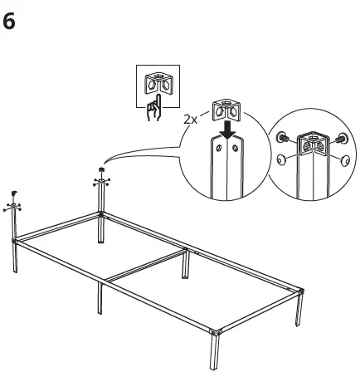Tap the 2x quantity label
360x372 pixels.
click(191, 119)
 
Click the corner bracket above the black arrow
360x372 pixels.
click(224, 110)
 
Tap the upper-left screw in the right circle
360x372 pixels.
click(284, 136)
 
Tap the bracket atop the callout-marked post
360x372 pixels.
click(101, 176)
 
